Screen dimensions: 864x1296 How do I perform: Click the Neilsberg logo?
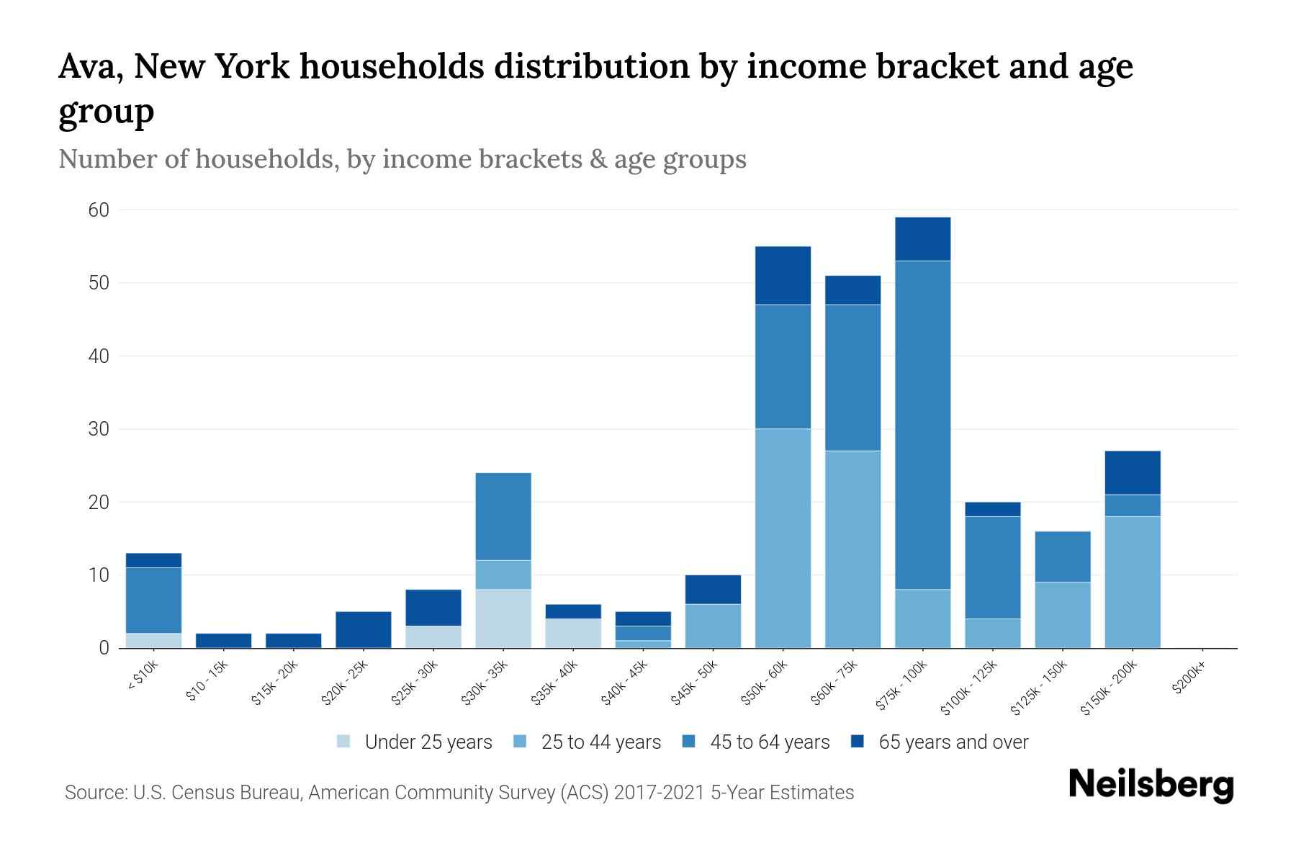click(x=1151, y=785)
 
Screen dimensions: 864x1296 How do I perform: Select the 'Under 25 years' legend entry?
click(x=428, y=742)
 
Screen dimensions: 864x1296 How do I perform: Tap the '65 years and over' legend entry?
click(x=953, y=742)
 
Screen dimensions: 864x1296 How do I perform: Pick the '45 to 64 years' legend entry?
click(x=770, y=742)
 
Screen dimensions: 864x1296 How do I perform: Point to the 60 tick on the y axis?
click(x=99, y=210)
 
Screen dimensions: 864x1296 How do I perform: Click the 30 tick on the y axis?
click(x=99, y=429)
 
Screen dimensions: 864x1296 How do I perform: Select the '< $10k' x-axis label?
click(x=144, y=678)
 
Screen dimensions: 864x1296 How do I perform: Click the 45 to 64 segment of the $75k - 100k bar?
click(x=922, y=425)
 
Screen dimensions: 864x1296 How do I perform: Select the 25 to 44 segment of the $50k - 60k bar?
click(x=783, y=539)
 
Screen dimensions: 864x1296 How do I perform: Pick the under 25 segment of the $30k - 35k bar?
click(x=503, y=618)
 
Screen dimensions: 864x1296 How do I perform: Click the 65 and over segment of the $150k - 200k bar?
click(x=1133, y=472)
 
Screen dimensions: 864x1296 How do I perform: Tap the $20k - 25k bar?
click(x=364, y=629)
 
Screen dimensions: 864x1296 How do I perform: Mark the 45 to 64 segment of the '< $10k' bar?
click(x=153, y=600)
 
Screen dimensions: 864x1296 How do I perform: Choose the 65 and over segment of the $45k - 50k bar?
click(x=713, y=589)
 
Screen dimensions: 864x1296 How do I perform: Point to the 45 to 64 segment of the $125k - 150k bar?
click(x=1063, y=557)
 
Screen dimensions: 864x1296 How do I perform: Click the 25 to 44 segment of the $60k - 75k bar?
click(x=852, y=549)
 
